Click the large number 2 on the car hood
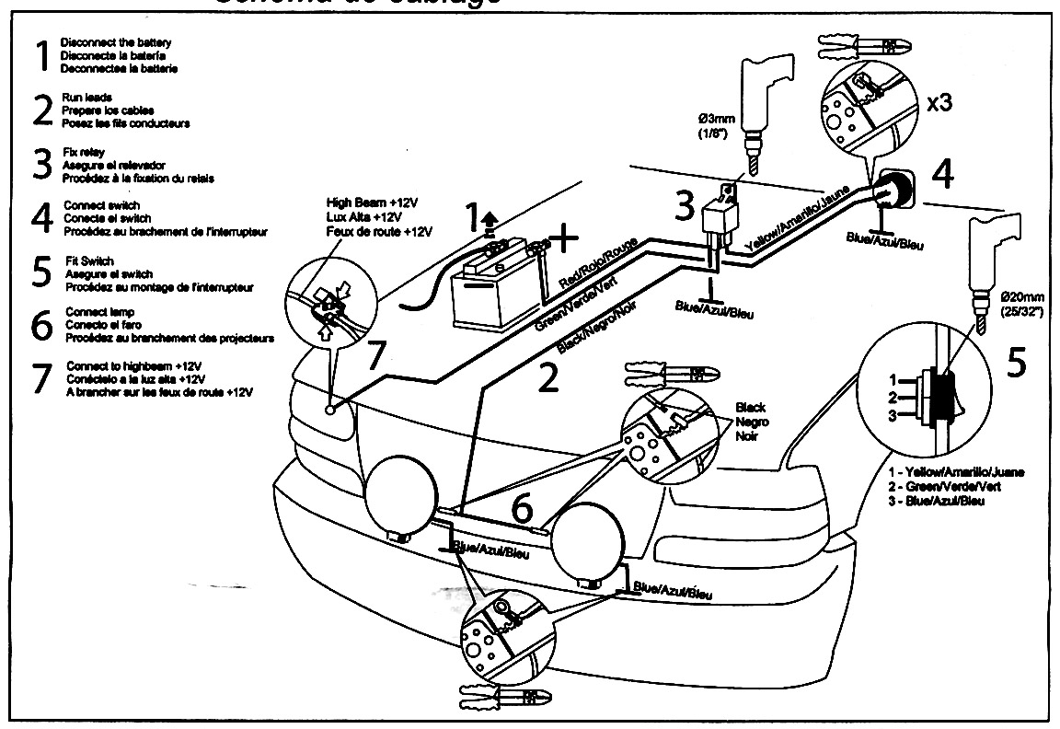(547, 378)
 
